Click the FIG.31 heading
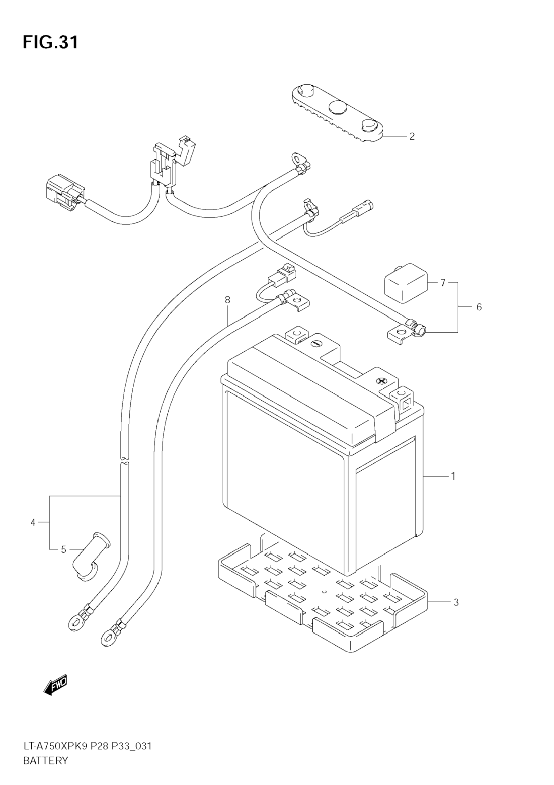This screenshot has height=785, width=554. tap(51, 42)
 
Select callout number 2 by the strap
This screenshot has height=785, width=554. tap(412, 136)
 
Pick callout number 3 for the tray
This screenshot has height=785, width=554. tap(456, 602)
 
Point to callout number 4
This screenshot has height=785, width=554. tap(33, 523)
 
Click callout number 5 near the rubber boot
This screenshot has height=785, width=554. tap(63, 550)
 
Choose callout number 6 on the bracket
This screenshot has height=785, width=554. tap(479, 307)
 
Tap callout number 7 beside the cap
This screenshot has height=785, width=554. tap(443, 283)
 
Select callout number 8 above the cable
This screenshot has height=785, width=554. tap(228, 300)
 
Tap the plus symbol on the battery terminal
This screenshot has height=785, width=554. tap(380, 381)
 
